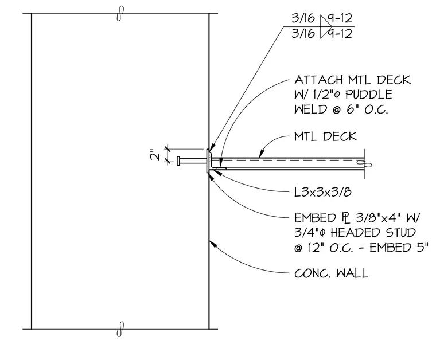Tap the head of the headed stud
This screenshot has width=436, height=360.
[178, 161]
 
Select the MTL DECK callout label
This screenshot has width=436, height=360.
[326, 136]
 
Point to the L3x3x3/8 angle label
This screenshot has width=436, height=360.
[323, 192]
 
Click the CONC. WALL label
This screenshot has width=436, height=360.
[331, 273]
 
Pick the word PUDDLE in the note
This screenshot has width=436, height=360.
[369, 95]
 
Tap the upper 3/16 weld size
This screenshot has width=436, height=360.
[303, 18]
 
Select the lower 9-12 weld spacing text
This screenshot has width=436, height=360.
[340, 34]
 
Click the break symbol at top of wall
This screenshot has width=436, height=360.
[120, 13]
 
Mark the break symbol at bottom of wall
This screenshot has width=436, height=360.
[120, 329]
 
